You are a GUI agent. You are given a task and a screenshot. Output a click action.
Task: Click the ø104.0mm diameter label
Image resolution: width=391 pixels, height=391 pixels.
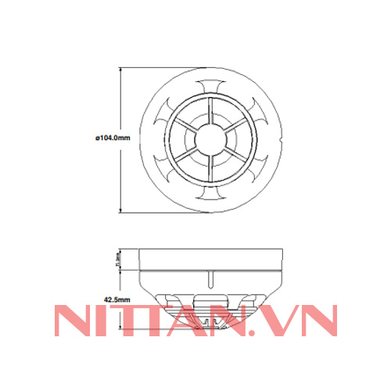pyautogui.click(x=111, y=137)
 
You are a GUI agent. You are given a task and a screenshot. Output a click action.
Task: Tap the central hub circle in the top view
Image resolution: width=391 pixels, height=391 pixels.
pyautogui.click(x=212, y=138)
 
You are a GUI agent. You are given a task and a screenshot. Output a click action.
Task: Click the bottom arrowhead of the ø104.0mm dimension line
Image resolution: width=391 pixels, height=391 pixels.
pyautogui.click(x=121, y=209)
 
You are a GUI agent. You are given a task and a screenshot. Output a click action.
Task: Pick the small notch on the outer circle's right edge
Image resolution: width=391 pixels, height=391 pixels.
pyautogui.click(x=283, y=138)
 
